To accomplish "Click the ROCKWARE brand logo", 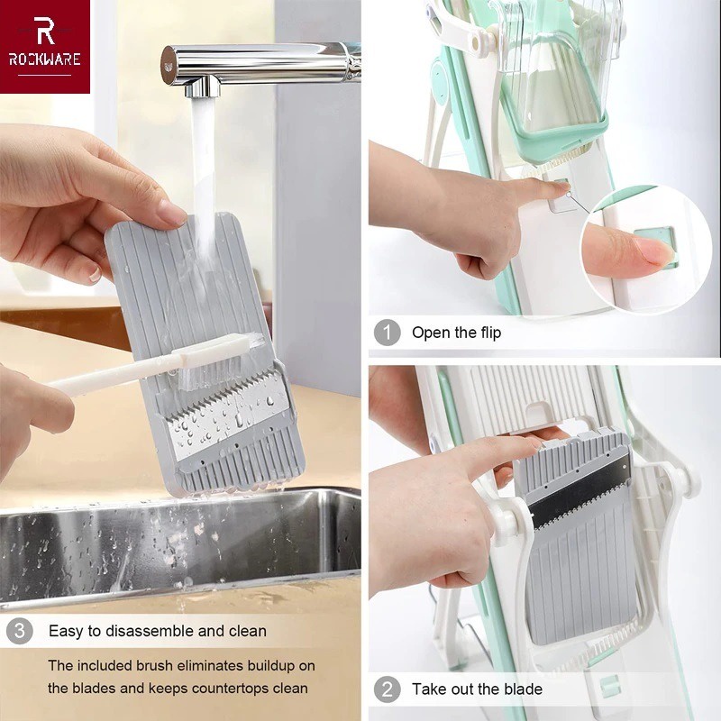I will click(45, 45).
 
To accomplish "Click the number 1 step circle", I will click(387, 333).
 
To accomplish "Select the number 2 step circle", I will click(387, 689).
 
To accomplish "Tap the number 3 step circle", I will click(19, 631).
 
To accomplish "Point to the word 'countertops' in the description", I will click(213, 688).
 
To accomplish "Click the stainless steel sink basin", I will click(180, 550).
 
